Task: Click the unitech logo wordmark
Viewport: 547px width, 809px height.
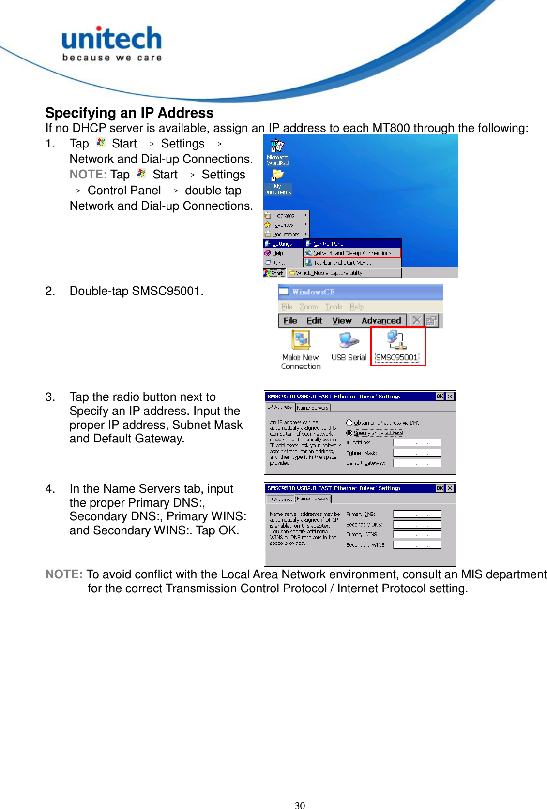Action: (x=111, y=39)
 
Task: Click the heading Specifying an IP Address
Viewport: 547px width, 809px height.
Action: (x=129, y=113)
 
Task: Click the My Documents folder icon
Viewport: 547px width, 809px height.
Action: (x=277, y=175)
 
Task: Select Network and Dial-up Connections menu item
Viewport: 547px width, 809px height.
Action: (x=352, y=253)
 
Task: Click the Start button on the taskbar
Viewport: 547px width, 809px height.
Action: (x=273, y=273)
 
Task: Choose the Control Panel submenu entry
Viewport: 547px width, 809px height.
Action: (x=329, y=244)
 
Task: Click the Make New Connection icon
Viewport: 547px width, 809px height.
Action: (x=301, y=340)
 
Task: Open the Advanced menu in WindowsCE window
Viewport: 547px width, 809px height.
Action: (x=381, y=321)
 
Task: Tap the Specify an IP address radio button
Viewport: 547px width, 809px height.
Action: (x=349, y=433)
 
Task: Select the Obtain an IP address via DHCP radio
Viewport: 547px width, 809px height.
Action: (x=349, y=423)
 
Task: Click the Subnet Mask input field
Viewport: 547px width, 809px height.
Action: (x=417, y=453)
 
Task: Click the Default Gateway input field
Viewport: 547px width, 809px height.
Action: (x=417, y=463)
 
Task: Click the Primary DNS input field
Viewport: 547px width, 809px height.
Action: (x=417, y=515)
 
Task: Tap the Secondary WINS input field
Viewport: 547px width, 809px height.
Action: (x=417, y=545)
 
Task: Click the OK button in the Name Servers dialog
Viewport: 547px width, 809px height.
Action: (x=440, y=488)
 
